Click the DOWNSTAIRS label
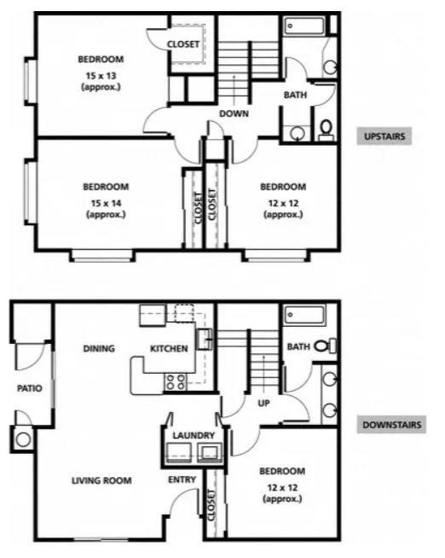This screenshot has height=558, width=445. pyautogui.click(x=390, y=425)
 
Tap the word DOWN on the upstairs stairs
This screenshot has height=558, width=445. pyautogui.click(x=233, y=113)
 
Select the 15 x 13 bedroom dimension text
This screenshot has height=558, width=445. pyautogui.click(x=101, y=73)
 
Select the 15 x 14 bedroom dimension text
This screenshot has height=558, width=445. pyautogui.click(x=106, y=201)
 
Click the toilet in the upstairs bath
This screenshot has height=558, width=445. pyautogui.click(x=326, y=129)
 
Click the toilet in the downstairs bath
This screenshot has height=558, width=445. pyautogui.click(x=323, y=346)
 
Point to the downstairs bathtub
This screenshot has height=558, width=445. pyautogui.click(x=304, y=317)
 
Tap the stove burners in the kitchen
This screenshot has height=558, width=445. pyautogui.click(x=176, y=381)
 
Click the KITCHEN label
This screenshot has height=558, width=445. pyautogui.click(x=169, y=349)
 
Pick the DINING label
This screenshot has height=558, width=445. pyautogui.click(x=100, y=348)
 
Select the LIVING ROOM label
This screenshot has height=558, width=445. pyautogui.click(x=101, y=480)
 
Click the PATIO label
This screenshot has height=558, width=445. pyautogui.click(x=30, y=388)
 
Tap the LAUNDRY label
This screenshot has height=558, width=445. pyautogui.click(x=193, y=435)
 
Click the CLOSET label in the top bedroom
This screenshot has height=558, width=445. pyautogui.click(x=183, y=44)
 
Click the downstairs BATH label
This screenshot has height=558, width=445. pyautogui.click(x=298, y=346)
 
